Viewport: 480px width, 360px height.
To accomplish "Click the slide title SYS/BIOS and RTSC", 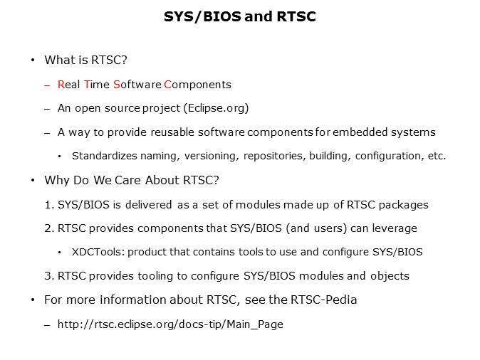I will point(240,16).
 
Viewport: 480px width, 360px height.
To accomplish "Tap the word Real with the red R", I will point(69,85).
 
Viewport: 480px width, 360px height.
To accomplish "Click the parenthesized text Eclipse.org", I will point(214,108).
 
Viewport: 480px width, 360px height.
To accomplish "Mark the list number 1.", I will point(48,205).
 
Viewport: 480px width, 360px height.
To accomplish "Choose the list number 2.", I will point(48,228).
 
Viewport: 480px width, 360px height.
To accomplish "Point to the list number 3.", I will point(48,275).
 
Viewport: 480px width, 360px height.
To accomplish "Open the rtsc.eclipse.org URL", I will point(170,324).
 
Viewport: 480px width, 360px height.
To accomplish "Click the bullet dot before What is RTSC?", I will point(33,60).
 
